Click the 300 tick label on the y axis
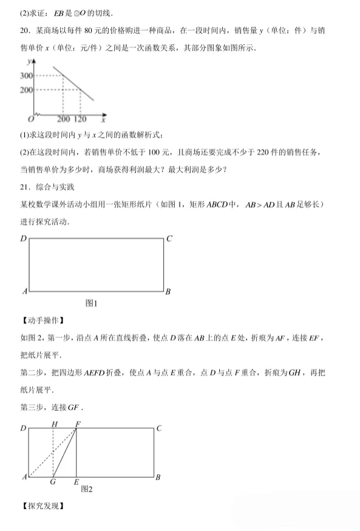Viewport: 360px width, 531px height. [x=26, y=75]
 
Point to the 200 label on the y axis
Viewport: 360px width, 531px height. [x=26, y=90]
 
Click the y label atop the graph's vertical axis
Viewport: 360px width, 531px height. [x=29, y=61]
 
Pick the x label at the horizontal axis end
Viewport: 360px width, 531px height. [x=104, y=120]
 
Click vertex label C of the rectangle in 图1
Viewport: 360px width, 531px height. [x=169, y=239]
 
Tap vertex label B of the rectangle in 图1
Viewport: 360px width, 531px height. [x=168, y=292]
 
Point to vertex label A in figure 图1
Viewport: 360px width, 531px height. [x=25, y=292]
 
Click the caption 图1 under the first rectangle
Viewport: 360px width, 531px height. [x=92, y=303]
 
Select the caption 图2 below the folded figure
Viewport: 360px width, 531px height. [x=87, y=488]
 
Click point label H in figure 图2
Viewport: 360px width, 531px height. [x=54, y=424]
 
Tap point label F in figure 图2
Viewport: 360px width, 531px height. [x=77, y=424]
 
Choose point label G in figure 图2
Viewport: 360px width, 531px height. [x=53, y=482]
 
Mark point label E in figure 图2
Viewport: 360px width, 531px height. [x=76, y=482]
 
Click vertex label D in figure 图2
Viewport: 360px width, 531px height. [x=24, y=429]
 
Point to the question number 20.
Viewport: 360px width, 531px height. [x=25, y=30]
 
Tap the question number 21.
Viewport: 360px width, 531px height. [x=25, y=185]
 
